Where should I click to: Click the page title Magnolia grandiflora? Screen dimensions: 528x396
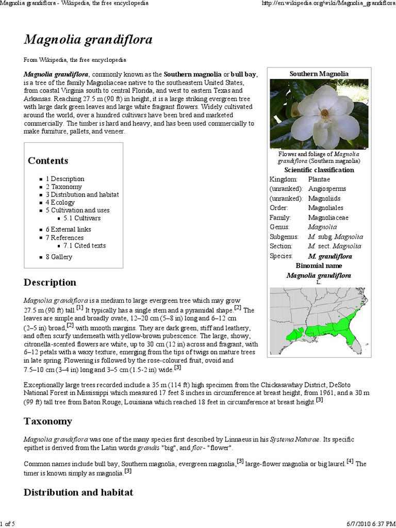[x=88, y=40]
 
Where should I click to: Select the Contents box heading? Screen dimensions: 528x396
[x=48, y=161]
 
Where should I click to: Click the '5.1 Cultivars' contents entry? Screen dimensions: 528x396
[x=82, y=218]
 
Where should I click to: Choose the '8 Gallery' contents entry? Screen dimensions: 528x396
[x=59, y=257]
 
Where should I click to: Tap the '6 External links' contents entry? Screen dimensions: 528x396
[x=68, y=229]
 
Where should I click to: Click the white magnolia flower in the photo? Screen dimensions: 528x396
[x=325, y=114]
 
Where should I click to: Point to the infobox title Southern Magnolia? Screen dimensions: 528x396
[x=319, y=74]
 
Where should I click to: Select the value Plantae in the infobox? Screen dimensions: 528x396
[x=319, y=179]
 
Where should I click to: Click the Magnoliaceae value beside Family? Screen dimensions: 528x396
[x=328, y=218]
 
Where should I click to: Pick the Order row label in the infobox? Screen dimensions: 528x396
[x=278, y=208]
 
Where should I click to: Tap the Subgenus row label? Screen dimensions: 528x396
[x=282, y=237]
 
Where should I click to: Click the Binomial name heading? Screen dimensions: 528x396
[x=319, y=266]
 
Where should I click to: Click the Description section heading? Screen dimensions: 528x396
[x=50, y=283]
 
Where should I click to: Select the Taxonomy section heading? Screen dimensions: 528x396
[x=48, y=421]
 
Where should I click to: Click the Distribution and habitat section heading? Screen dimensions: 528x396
[x=78, y=492]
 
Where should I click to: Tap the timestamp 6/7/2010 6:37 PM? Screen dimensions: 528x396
[x=370, y=524]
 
